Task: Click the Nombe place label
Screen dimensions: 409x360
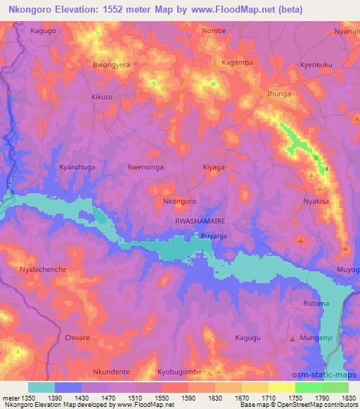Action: click(214, 31)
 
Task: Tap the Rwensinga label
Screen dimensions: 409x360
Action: click(146, 168)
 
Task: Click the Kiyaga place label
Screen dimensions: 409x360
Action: click(213, 168)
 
